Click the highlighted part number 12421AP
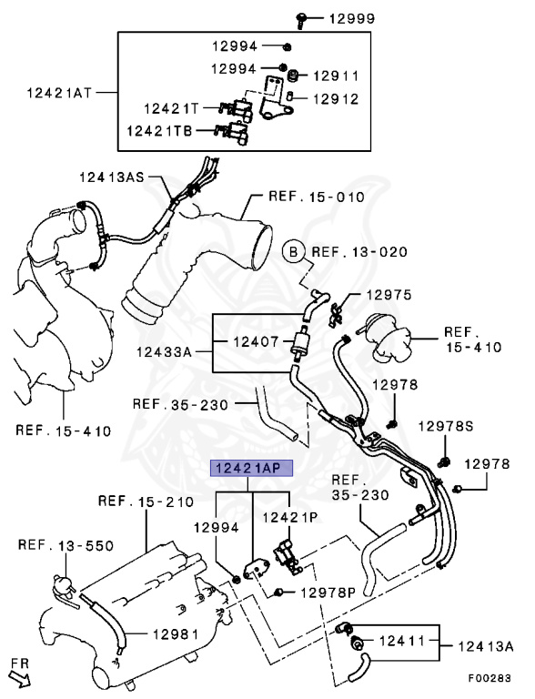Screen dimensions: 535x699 (251, 468)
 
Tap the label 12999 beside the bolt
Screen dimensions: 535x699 (352, 19)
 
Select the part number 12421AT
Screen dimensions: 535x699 (59, 93)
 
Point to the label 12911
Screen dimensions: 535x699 (336, 76)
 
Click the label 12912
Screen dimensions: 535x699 (336, 98)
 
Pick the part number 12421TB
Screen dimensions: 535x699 (159, 131)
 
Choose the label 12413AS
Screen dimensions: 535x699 (112, 177)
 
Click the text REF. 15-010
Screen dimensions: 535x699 (317, 197)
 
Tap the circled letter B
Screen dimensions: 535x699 (293, 252)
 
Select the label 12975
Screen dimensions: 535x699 (389, 295)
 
